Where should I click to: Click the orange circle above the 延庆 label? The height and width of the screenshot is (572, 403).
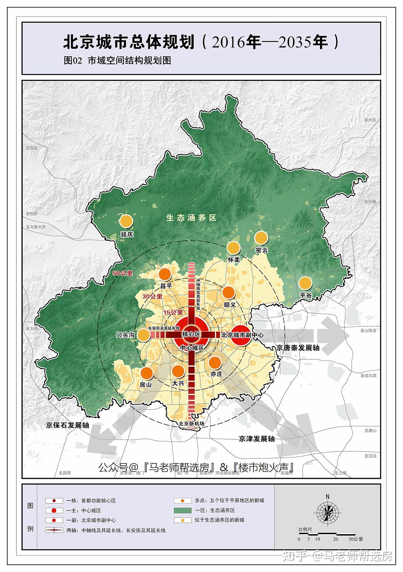126,221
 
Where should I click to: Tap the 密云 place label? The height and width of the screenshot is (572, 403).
262,250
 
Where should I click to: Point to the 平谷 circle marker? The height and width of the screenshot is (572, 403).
305,283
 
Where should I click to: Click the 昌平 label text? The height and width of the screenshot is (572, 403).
166,286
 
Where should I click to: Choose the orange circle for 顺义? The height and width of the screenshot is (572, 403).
229,293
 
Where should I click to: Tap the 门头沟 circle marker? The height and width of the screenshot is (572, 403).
144,335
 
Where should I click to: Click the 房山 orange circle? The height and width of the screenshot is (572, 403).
146,373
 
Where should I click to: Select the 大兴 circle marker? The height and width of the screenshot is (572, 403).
178,371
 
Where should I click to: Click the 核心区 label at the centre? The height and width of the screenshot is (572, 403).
191,334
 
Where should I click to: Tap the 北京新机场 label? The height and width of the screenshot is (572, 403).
191,423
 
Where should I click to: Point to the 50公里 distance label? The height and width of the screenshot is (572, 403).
123,273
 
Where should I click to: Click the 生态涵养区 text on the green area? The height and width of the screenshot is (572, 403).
191,218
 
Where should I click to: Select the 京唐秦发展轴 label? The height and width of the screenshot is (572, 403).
298,348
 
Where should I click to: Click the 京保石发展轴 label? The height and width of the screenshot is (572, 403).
67,425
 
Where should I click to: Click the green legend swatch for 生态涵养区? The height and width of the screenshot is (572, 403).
182,510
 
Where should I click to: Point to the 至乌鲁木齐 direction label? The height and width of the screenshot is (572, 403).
36,227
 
